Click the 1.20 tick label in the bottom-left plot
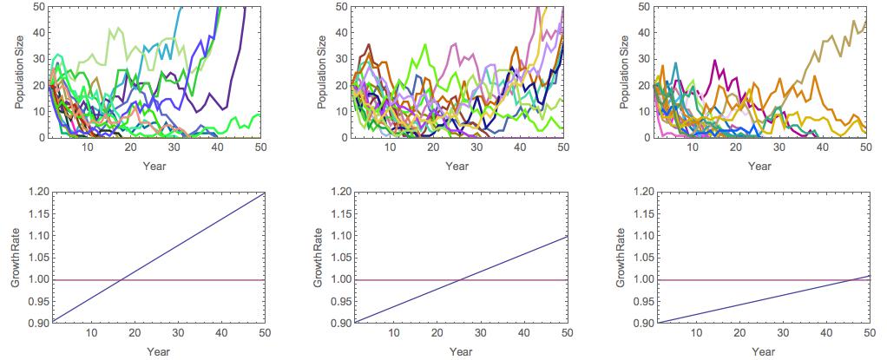click(35, 192)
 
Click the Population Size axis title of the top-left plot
click(19, 72)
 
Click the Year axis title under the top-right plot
click(763, 165)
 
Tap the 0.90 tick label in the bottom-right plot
click(643, 323)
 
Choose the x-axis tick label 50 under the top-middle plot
click(562, 148)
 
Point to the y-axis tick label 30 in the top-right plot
click(643, 59)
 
